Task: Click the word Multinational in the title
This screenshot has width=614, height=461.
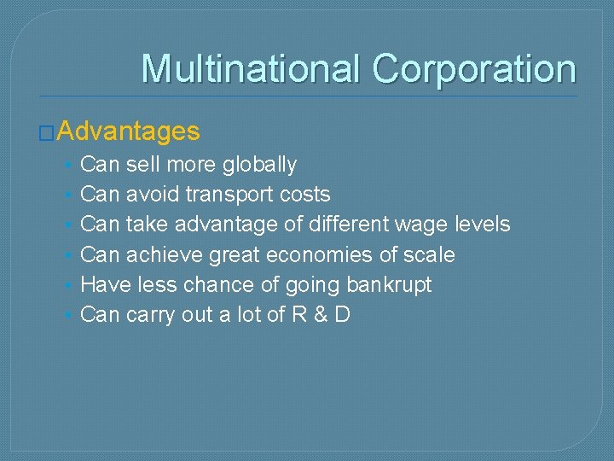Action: (x=252, y=69)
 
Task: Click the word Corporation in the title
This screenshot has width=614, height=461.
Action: (x=474, y=69)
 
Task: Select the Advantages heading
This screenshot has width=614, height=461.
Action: (x=130, y=131)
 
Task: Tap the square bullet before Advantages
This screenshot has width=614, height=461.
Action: (x=49, y=133)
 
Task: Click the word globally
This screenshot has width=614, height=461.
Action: (x=259, y=165)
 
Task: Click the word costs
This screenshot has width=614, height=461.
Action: (x=305, y=195)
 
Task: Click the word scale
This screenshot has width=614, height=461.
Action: (x=429, y=255)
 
